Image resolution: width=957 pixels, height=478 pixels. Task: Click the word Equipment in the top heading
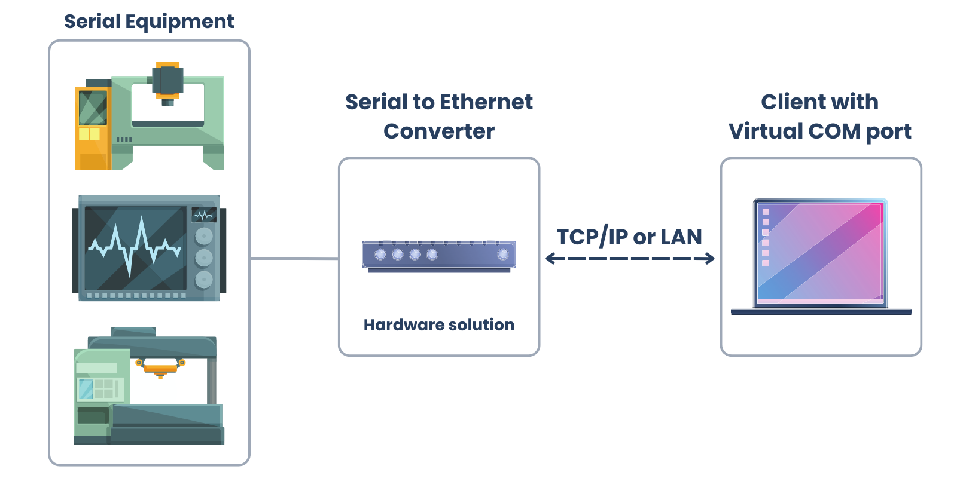click(x=179, y=22)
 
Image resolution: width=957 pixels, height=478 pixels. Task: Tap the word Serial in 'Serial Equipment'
click(x=92, y=22)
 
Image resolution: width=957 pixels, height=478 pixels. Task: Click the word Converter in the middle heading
click(x=439, y=131)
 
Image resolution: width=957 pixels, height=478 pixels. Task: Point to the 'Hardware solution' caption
click(x=439, y=325)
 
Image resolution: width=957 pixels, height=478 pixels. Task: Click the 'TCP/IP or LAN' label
click(x=629, y=237)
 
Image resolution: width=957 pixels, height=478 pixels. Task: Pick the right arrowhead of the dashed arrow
click(x=710, y=259)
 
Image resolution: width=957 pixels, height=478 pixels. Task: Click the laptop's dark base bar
click(x=821, y=312)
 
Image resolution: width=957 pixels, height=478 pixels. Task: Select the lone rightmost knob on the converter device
click(x=503, y=255)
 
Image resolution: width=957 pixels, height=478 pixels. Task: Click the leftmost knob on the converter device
click(x=380, y=255)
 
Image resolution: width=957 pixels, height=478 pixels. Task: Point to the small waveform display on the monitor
click(x=203, y=215)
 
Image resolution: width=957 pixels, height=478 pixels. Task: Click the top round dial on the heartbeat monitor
click(x=204, y=236)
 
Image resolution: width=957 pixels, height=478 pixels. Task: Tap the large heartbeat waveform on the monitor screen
click(x=135, y=246)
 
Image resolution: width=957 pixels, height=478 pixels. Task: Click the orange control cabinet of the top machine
click(x=92, y=128)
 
